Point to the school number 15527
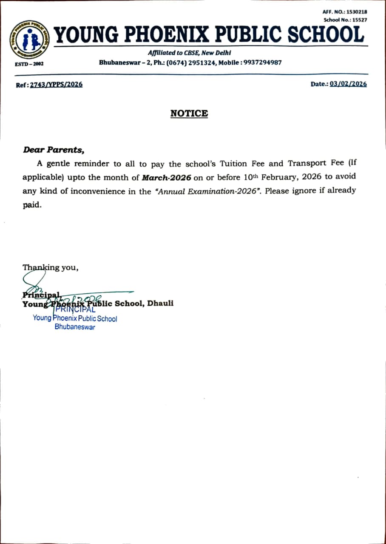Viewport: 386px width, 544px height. click(x=358, y=20)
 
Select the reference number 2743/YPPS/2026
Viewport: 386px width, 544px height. click(x=56, y=85)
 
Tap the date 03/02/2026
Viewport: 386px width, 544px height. click(x=348, y=84)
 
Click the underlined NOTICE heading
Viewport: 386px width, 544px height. click(x=189, y=113)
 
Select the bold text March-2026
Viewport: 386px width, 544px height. click(x=167, y=178)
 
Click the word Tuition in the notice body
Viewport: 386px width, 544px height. click(x=235, y=163)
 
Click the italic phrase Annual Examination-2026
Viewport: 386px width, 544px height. click(x=208, y=191)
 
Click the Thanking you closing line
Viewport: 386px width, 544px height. click(x=50, y=268)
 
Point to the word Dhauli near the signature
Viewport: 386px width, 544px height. click(x=160, y=303)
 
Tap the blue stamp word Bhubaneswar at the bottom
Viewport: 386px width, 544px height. click(x=75, y=327)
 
